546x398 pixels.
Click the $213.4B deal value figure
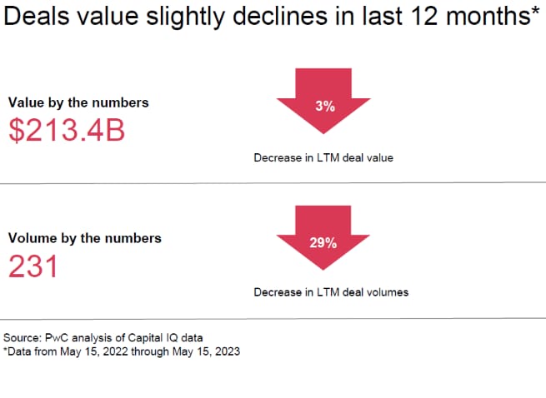coord(67,130)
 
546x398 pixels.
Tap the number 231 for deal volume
coord(33,266)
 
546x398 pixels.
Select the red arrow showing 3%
coord(324,107)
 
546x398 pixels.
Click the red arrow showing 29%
coord(324,244)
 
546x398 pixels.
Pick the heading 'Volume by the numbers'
coord(84,238)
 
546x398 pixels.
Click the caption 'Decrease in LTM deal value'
coord(323,157)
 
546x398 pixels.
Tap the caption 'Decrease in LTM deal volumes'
coord(331,292)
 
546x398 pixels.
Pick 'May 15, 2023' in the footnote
coord(201,351)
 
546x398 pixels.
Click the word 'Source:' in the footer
coord(23,337)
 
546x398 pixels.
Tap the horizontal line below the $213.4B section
coord(273,182)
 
